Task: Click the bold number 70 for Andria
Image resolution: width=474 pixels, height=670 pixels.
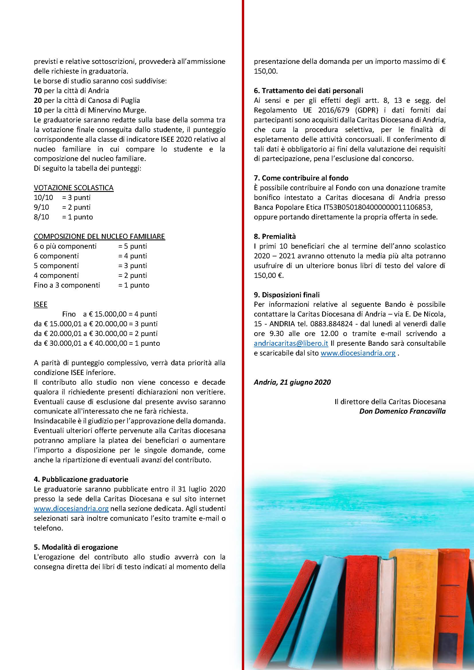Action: pyautogui.click(x=38, y=91)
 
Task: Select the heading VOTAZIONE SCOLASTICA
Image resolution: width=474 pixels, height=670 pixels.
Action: pyautogui.click(x=74, y=188)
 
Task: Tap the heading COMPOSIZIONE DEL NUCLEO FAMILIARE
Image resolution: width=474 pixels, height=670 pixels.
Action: pyautogui.click(x=99, y=236)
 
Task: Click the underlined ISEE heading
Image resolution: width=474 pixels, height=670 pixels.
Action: pyautogui.click(x=40, y=304)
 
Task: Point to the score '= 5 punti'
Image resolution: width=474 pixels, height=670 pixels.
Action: pyautogui.click(x=132, y=246)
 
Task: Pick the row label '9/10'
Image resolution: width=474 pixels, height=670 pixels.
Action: pyautogui.click(x=42, y=207)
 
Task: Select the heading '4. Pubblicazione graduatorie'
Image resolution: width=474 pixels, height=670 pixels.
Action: pyautogui.click(x=81, y=479)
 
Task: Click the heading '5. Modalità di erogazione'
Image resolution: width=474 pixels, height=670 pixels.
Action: pyautogui.click(x=76, y=547)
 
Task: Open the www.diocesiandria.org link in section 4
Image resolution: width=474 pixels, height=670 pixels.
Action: pyautogui.click(x=71, y=509)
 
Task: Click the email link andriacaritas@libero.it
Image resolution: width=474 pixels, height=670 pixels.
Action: pyautogui.click(x=291, y=343)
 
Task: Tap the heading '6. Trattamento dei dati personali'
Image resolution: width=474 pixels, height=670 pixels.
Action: pyautogui.click(x=308, y=91)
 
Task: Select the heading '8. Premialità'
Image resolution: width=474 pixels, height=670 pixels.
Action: pyautogui.click(x=275, y=236)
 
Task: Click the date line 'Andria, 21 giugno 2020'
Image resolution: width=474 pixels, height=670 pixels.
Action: pyautogui.click(x=292, y=382)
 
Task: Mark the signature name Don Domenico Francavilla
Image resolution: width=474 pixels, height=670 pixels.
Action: pyautogui.click(x=402, y=411)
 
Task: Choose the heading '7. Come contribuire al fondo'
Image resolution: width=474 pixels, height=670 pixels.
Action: pyautogui.click(x=301, y=178)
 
